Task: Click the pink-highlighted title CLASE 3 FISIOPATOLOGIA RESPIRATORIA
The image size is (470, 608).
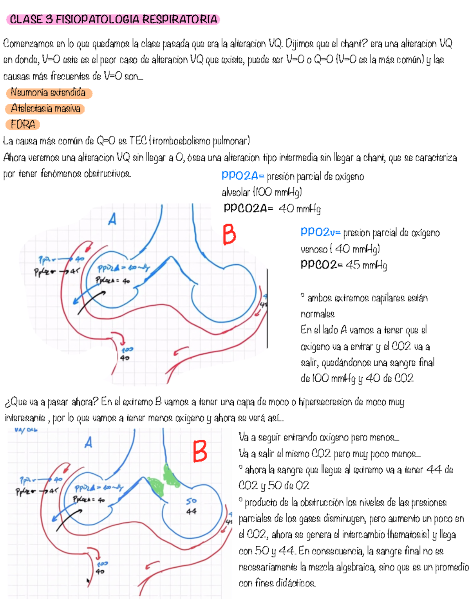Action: pos(113,20)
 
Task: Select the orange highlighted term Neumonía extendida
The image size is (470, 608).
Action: pos(49,93)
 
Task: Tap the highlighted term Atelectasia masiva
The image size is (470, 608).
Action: pos(45,108)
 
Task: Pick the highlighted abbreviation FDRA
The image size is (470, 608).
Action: pos(23,124)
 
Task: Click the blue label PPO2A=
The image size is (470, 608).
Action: pos(243,176)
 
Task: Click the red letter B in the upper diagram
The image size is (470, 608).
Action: pos(230,234)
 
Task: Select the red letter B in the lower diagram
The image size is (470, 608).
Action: pos(200,451)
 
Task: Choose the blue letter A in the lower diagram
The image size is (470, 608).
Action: pos(89,443)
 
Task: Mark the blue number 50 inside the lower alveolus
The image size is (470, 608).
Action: pos(192,501)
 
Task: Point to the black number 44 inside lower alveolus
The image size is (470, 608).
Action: pos(192,511)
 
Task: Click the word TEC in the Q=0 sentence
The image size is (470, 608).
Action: pos(138,141)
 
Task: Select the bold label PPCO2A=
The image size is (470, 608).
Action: pos(248,208)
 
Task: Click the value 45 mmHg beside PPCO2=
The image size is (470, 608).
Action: pos(366,265)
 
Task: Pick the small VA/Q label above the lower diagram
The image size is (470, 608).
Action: pos(26,430)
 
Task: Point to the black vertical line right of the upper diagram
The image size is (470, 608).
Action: pos(268,309)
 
